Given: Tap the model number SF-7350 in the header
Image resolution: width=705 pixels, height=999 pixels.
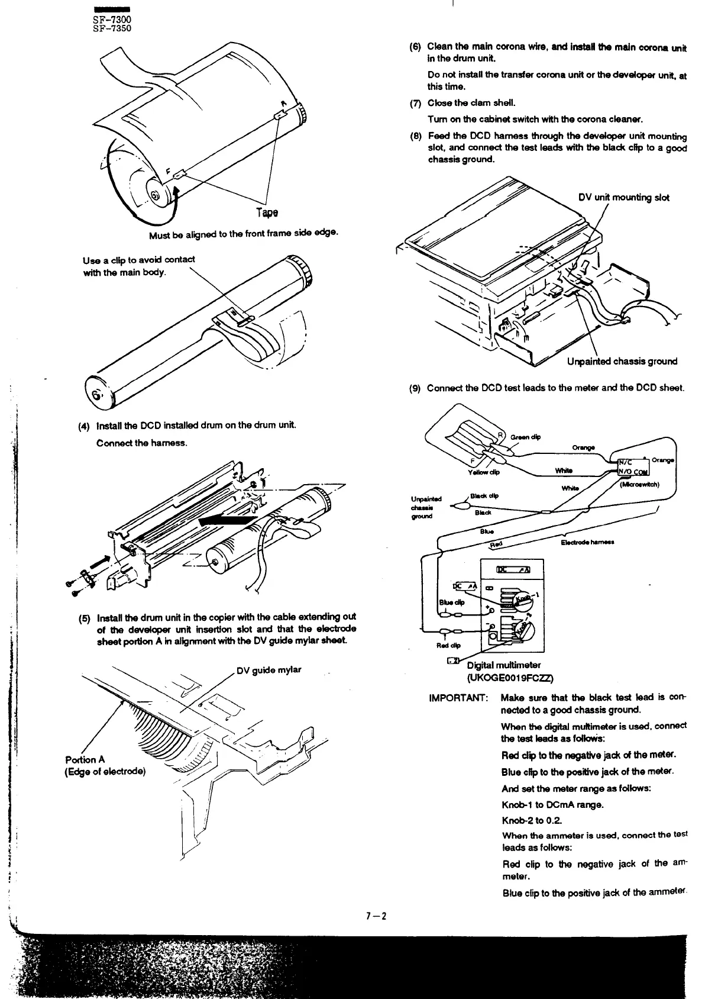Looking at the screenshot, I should pyautogui.click(x=108, y=28).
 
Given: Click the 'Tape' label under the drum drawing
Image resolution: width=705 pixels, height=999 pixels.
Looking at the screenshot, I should pyautogui.click(x=267, y=212).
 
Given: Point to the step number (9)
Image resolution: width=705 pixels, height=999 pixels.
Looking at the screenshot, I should pyautogui.click(x=415, y=388).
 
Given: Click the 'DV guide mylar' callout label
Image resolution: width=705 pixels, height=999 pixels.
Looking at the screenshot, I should pyautogui.click(x=269, y=670).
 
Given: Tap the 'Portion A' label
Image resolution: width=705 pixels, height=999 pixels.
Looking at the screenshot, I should pyautogui.click(x=85, y=760).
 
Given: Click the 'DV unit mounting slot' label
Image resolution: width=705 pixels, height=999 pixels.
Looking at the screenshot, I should pyautogui.click(x=623, y=198).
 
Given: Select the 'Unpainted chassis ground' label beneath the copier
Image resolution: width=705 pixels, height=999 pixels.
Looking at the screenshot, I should pyautogui.click(x=622, y=361).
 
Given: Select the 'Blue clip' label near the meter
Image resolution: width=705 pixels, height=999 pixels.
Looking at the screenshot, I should pyautogui.click(x=451, y=602).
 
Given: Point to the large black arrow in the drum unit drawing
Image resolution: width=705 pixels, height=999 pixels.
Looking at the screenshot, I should pyautogui.click(x=228, y=521).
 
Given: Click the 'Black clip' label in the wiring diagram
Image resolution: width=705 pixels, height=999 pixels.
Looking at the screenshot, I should pyautogui.click(x=485, y=496).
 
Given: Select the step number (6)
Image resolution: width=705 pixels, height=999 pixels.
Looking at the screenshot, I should pyautogui.click(x=415, y=46).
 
